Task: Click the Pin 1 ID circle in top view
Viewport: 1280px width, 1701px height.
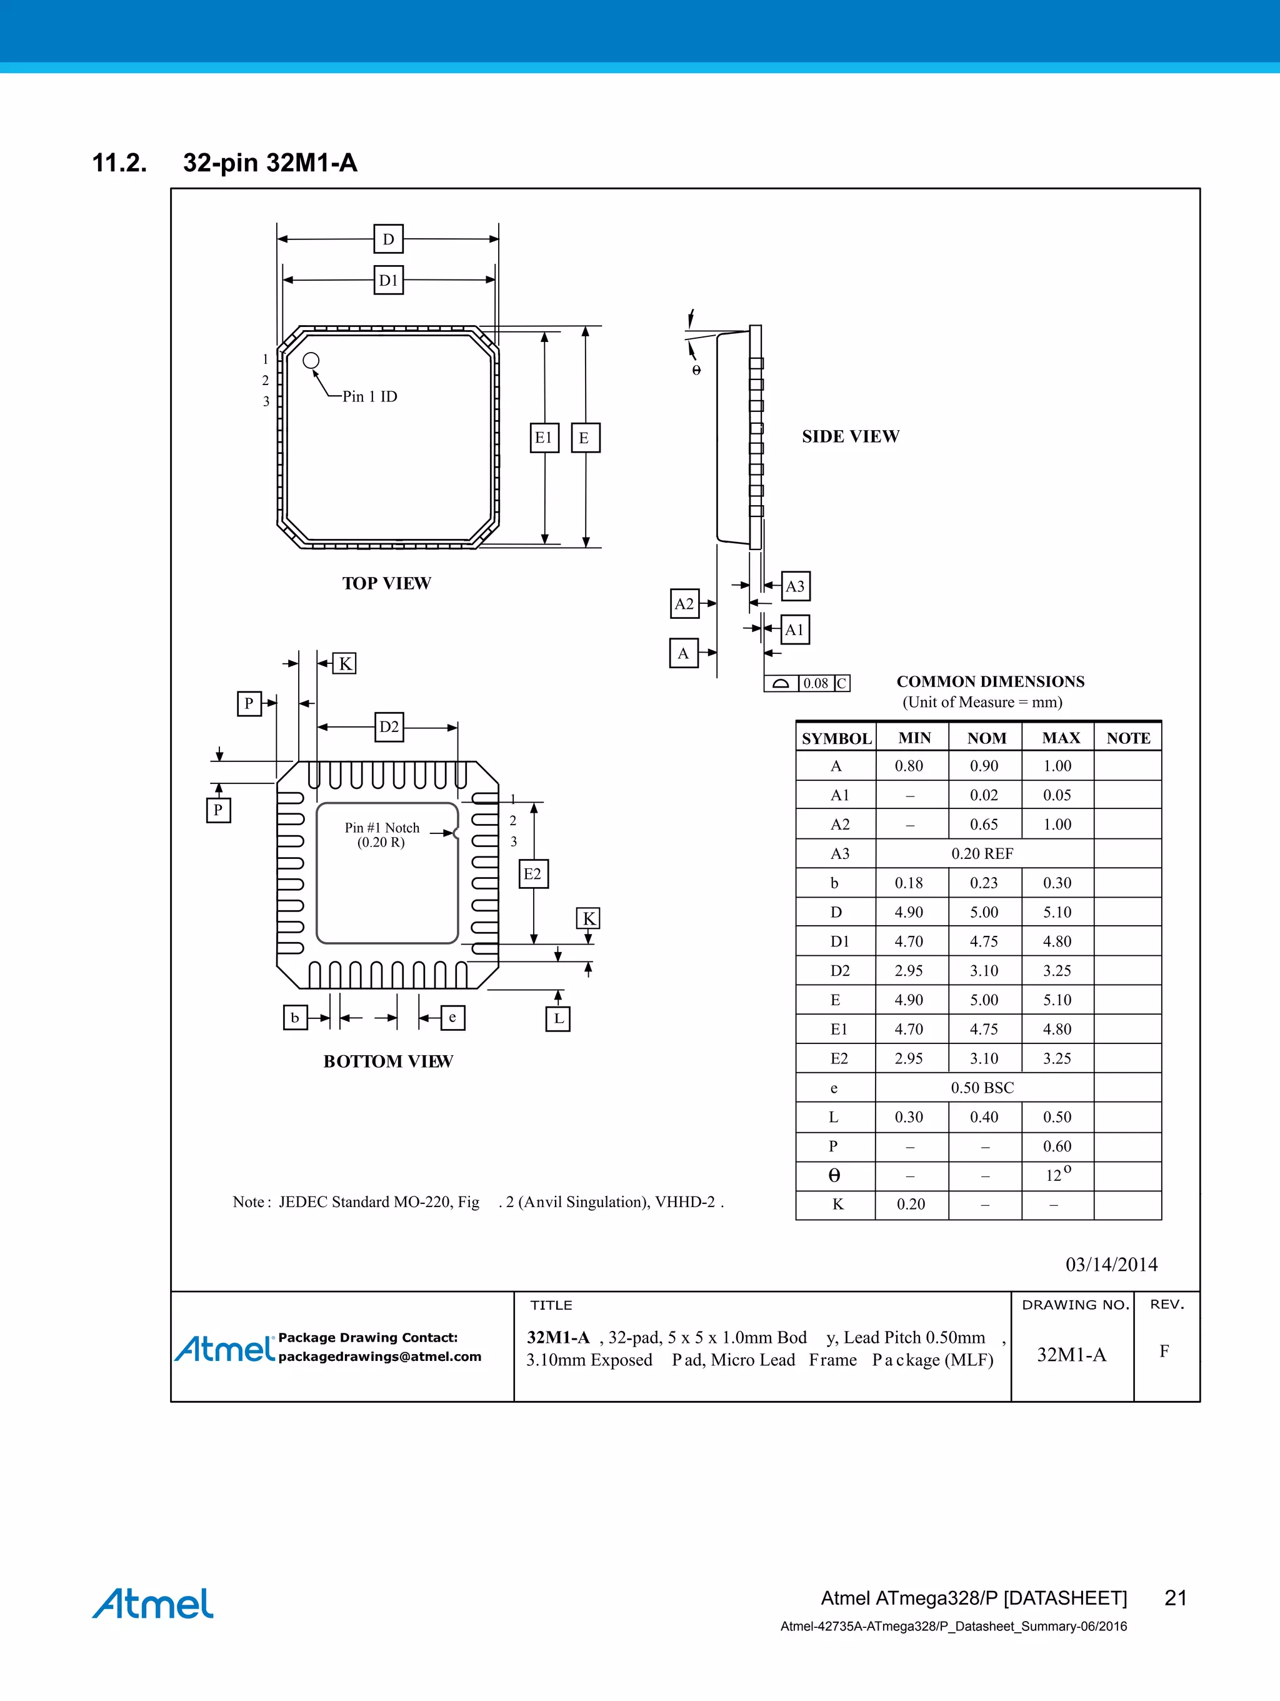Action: [311, 360]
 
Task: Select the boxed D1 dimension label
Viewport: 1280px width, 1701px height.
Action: [388, 280]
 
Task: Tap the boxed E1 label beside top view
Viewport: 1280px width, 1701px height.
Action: [544, 438]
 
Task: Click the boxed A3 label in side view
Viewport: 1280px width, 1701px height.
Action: [795, 586]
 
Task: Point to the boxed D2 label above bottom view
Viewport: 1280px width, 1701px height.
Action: [389, 726]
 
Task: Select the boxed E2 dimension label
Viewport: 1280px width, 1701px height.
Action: [532, 873]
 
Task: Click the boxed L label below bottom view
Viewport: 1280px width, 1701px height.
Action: [558, 1018]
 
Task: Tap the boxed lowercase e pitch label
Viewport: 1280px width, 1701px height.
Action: [452, 1017]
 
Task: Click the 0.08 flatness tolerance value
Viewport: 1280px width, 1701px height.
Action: [816, 683]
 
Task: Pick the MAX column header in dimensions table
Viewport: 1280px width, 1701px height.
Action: [1060, 738]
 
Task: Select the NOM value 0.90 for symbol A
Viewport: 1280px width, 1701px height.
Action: [983, 766]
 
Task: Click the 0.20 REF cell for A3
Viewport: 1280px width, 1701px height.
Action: [982, 853]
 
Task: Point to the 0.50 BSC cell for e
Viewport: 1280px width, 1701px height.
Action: [982, 1087]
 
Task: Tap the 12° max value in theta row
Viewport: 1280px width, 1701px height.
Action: [1057, 1175]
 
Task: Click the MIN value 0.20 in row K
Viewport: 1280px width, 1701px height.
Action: [910, 1204]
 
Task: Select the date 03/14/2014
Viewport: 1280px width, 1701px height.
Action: [1111, 1264]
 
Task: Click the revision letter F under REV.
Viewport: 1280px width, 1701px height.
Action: [1164, 1351]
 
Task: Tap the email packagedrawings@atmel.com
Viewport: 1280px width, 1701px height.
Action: [380, 1357]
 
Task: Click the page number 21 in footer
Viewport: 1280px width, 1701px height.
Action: [1176, 1598]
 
